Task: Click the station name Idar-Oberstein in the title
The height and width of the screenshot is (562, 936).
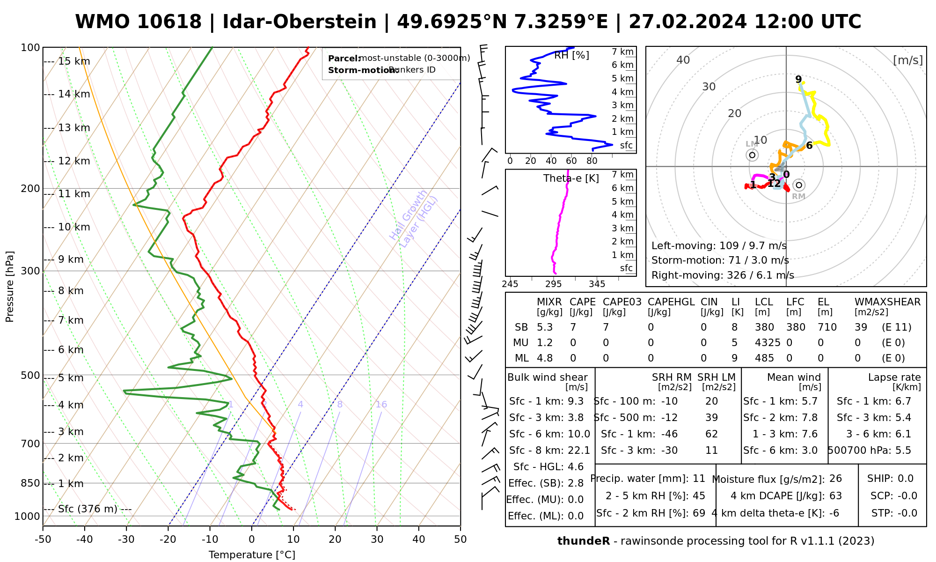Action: (x=300, y=22)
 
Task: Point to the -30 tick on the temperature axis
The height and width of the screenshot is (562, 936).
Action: (x=126, y=540)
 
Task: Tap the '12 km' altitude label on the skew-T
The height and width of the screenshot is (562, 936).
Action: (x=74, y=161)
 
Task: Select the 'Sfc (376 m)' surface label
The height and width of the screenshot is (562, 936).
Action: (x=88, y=509)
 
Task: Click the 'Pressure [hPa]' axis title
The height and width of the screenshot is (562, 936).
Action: (x=10, y=287)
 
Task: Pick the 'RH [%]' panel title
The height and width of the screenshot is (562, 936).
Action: (x=571, y=55)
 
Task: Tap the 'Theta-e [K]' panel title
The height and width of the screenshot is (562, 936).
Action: (x=571, y=178)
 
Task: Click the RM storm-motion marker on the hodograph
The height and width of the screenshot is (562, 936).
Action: (x=799, y=185)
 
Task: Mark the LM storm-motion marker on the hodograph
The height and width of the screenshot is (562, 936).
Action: (x=752, y=155)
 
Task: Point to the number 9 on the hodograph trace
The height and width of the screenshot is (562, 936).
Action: (x=798, y=80)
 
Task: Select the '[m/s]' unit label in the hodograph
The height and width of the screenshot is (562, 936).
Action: (x=907, y=60)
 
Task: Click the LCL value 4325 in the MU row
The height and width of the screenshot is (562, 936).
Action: (x=768, y=343)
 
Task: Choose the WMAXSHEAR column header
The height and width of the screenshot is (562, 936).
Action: (x=887, y=302)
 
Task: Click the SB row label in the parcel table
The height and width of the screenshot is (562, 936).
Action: (x=521, y=327)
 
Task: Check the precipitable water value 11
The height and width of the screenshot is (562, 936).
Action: (x=699, y=479)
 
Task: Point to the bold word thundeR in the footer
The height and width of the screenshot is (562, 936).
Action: (x=584, y=541)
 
